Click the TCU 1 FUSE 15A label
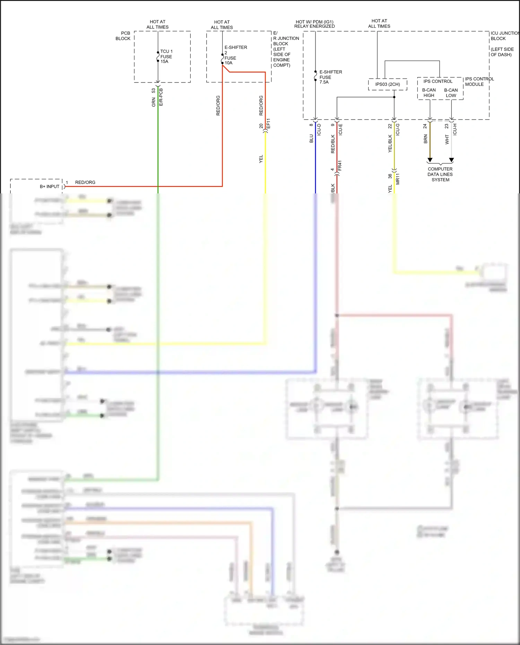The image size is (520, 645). [x=166, y=56]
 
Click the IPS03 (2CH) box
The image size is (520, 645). [x=387, y=84]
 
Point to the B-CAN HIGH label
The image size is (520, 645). [x=429, y=93]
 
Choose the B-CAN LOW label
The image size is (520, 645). [x=451, y=93]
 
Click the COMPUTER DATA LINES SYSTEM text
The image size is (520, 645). [x=440, y=174]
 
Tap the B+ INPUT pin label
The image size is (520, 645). [x=50, y=186]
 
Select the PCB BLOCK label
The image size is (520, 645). [x=123, y=36]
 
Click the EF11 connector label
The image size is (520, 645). [x=268, y=124]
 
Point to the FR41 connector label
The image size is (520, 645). [x=340, y=165]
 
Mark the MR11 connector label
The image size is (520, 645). [x=398, y=179]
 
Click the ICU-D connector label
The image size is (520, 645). [x=319, y=129]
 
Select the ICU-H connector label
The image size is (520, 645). [x=455, y=129]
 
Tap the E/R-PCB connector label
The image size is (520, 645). [x=161, y=97]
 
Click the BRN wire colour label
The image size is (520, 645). [x=425, y=139]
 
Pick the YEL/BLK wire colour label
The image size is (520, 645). [x=390, y=143]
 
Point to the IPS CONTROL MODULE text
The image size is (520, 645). [x=479, y=81]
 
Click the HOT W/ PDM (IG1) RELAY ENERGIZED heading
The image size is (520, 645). [x=314, y=24]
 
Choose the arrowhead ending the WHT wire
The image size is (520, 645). [x=451, y=160]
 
